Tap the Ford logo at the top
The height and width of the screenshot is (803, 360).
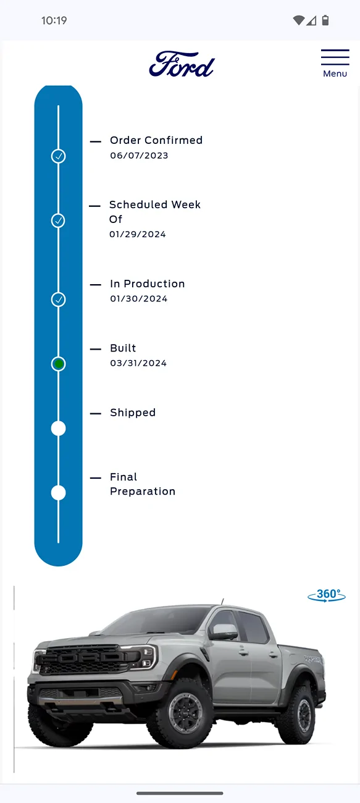[182, 64]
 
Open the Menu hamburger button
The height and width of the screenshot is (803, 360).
[335, 63]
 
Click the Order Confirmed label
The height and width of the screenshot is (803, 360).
[156, 140]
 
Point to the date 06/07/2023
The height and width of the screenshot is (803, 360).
[139, 156]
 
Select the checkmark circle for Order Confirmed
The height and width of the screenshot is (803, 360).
[59, 156]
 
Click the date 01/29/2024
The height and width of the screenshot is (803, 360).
[138, 235]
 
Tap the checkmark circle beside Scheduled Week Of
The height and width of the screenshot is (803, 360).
[59, 221]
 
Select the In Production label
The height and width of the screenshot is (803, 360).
[147, 284]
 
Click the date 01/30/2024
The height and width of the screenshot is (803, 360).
[138, 298]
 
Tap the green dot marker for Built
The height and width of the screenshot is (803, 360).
[59, 364]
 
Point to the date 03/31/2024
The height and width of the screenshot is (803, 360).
[138, 363]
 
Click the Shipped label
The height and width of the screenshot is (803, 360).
[133, 413]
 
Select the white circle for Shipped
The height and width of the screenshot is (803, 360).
[59, 429]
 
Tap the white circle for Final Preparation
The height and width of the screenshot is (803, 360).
[59, 493]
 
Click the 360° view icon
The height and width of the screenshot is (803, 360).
[327, 595]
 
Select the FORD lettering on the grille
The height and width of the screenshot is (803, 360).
[89, 657]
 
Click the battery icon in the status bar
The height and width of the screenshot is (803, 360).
[325, 20]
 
